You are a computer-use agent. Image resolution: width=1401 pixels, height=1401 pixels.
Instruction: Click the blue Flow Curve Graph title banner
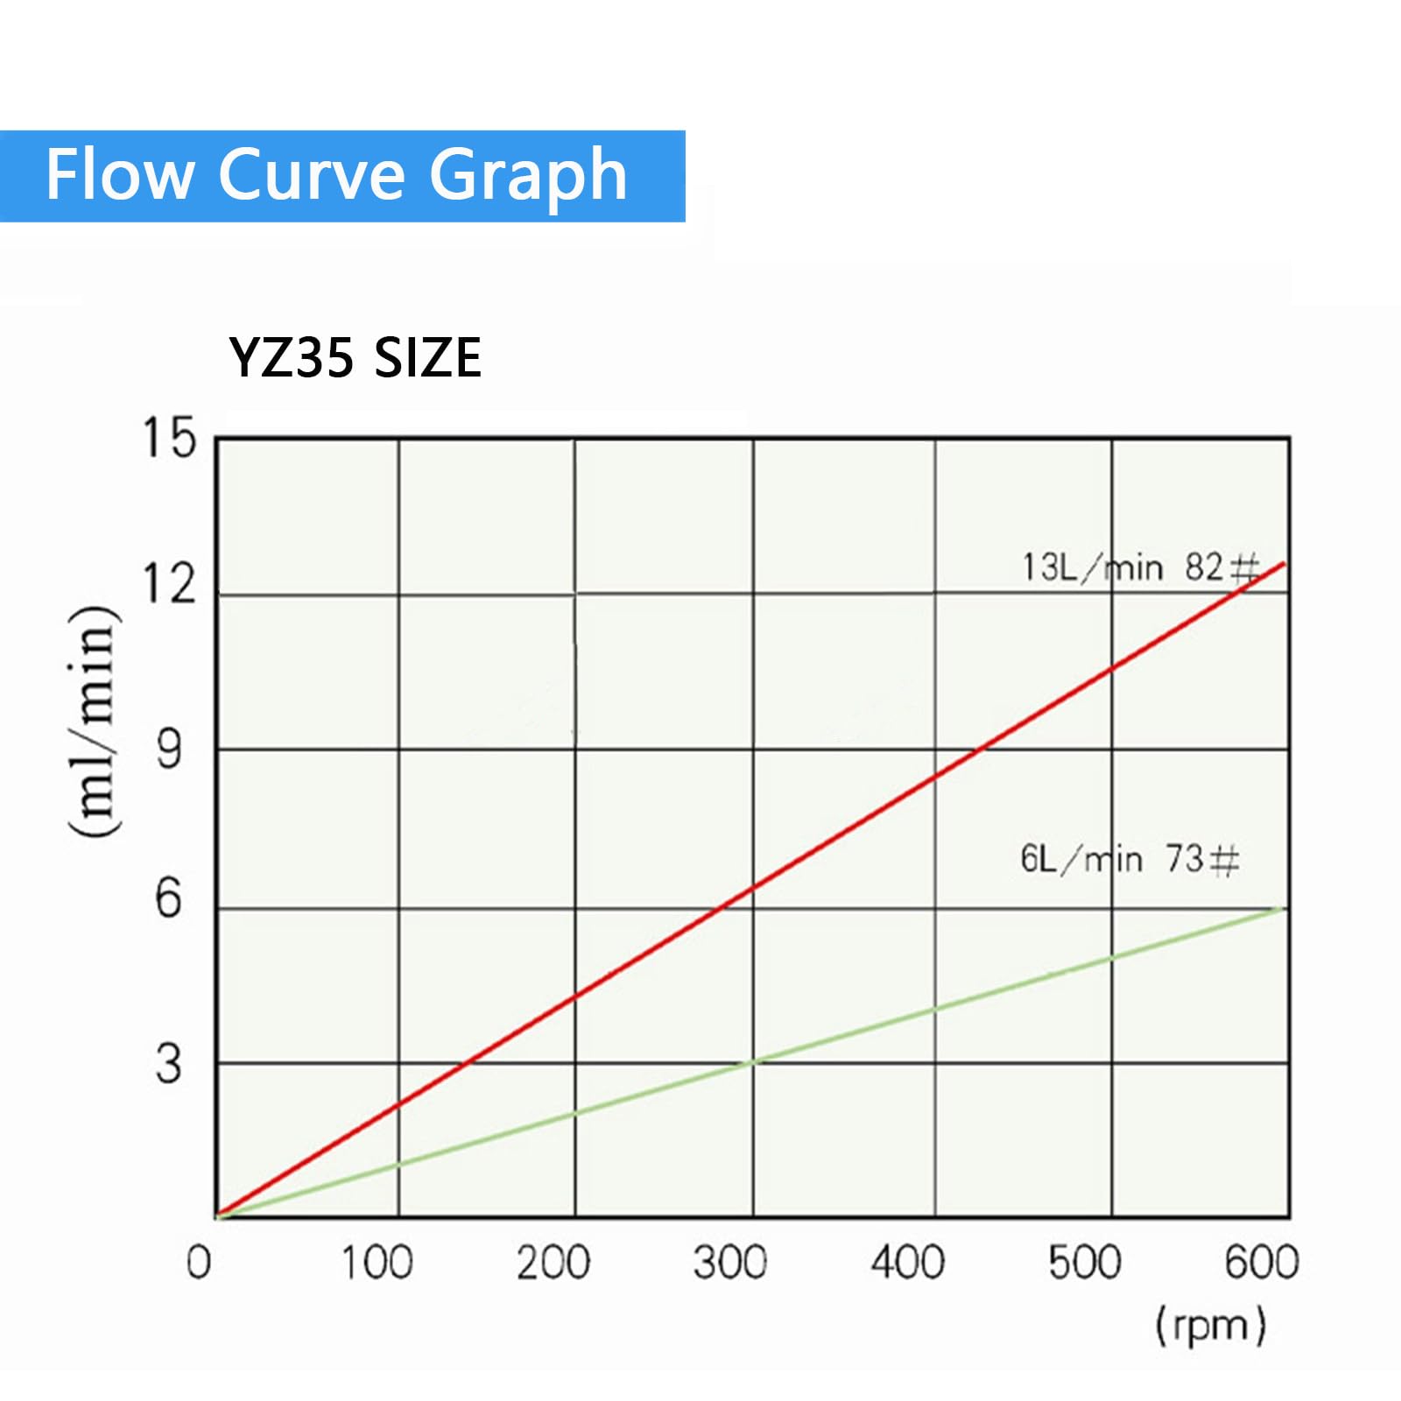click(x=342, y=176)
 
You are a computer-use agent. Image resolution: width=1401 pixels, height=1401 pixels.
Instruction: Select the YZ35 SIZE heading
click(x=355, y=357)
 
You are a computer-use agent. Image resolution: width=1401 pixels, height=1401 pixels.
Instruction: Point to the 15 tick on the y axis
click(x=169, y=437)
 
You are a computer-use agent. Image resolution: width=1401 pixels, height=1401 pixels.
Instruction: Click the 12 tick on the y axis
click(x=169, y=583)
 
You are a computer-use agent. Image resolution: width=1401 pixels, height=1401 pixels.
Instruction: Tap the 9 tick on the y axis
click(x=169, y=750)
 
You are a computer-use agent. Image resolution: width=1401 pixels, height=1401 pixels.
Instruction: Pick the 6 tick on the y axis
click(x=169, y=898)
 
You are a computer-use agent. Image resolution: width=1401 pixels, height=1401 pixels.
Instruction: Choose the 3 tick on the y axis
click(x=169, y=1064)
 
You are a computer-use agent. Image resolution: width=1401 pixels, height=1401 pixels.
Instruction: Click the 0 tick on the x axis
click(x=199, y=1263)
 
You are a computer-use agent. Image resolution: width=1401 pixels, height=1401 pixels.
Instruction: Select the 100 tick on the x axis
click(x=377, y=1263)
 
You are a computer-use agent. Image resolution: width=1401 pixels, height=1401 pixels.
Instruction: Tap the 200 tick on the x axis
click(x=553, y=1263)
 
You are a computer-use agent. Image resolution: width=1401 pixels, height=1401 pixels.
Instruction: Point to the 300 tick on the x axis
click(x=730, y=1263)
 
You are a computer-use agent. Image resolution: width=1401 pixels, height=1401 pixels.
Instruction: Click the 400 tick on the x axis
click(x=908, y=1263)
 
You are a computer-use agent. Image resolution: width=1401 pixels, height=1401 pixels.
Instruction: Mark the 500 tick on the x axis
click(x=1085, y=1263)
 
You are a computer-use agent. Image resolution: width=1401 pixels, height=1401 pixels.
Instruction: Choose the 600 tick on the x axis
click(x=1262, y=1263)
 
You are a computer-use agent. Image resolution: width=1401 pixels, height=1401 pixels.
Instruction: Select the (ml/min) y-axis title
click(x=94, y=721)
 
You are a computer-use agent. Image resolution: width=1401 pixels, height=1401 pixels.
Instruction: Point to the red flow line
click(x=750, y=890)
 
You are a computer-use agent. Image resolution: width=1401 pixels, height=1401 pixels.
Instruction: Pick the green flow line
click(x=750, y=1063)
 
